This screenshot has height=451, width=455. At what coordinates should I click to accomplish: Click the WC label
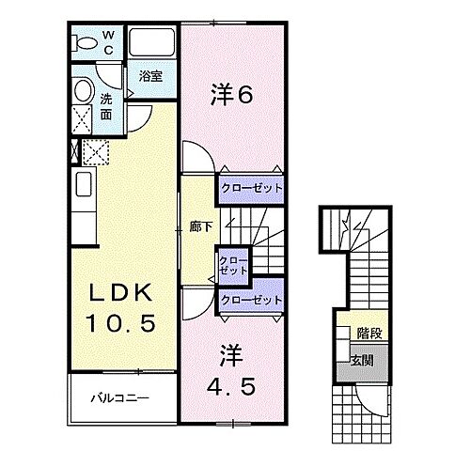click(108, 43)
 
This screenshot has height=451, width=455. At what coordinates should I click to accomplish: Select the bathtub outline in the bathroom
click(152, 43)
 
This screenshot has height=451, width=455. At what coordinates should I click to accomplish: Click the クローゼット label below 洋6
click(251, 188)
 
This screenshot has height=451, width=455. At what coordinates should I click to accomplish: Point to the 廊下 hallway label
click(198, 226)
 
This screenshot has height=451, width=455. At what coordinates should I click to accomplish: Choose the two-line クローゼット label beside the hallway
click(233, 264)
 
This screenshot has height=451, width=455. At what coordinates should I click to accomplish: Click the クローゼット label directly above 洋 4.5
click(251, 300)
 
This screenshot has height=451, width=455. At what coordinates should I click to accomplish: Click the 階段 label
click(369, 333)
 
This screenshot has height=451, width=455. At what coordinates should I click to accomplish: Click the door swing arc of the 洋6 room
click(195, 156)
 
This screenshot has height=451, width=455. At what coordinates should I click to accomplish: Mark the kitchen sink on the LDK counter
click(81, 183)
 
